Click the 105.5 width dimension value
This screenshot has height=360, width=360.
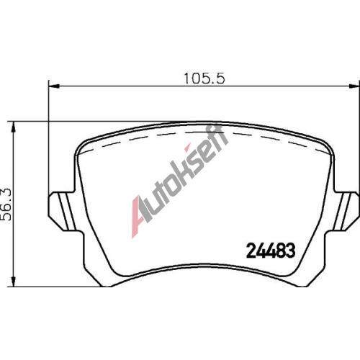(x=204, y=78)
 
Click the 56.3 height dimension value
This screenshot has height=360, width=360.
(x=6, y=204)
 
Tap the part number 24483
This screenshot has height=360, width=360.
(x=271, y=251)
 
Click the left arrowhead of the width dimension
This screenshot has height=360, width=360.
(x=54, y=86)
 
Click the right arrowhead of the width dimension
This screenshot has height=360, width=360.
(x=354, y=86)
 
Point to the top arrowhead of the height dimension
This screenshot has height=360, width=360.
(x=14, y=127)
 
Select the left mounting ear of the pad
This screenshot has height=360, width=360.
(x=63, y=211)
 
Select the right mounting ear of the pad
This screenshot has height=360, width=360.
(x=346, y=211)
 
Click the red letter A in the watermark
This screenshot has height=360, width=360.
(x=139, y=217)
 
